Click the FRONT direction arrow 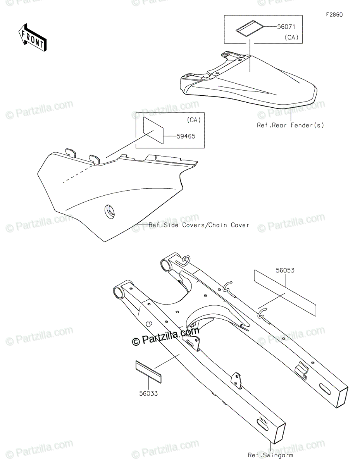(x=33, y=38)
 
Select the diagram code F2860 (x=334, y=15)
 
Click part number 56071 (x=286, y=27)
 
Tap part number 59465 (x=186, y=136)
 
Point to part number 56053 (x=285, y=270)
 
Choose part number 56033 (x=148, y=393)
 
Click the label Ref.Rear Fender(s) (x=290, y=125)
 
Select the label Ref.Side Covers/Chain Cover (x=199, y=225)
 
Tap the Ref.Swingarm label (x=270, y=455)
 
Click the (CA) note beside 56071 (x=291, y=38)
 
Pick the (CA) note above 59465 (x=194, y=120)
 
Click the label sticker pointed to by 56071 (x=250, y=29)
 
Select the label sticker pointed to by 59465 (x=153, y=130)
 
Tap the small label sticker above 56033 (x=148, y=372)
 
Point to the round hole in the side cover (x=109, y=212)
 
